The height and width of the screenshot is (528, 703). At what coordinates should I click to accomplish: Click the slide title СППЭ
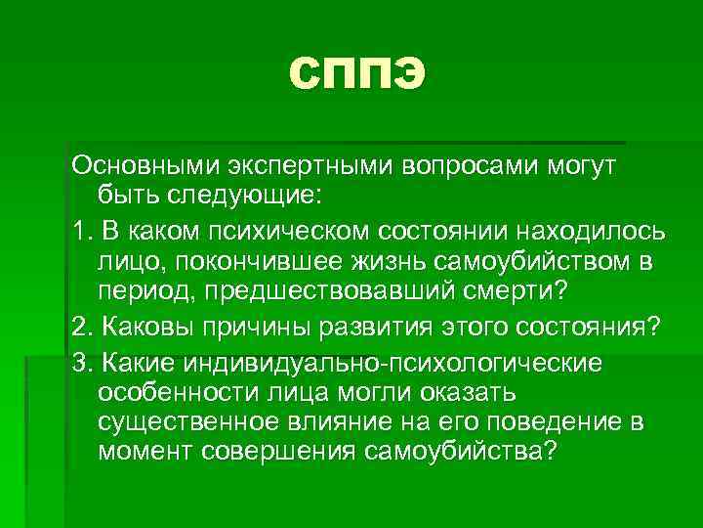point(358,73)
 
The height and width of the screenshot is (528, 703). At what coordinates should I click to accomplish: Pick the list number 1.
point(80,230)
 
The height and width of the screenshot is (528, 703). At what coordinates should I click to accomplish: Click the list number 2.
point(80,326)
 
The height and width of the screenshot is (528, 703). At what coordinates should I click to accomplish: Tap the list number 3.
point(80,363)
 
